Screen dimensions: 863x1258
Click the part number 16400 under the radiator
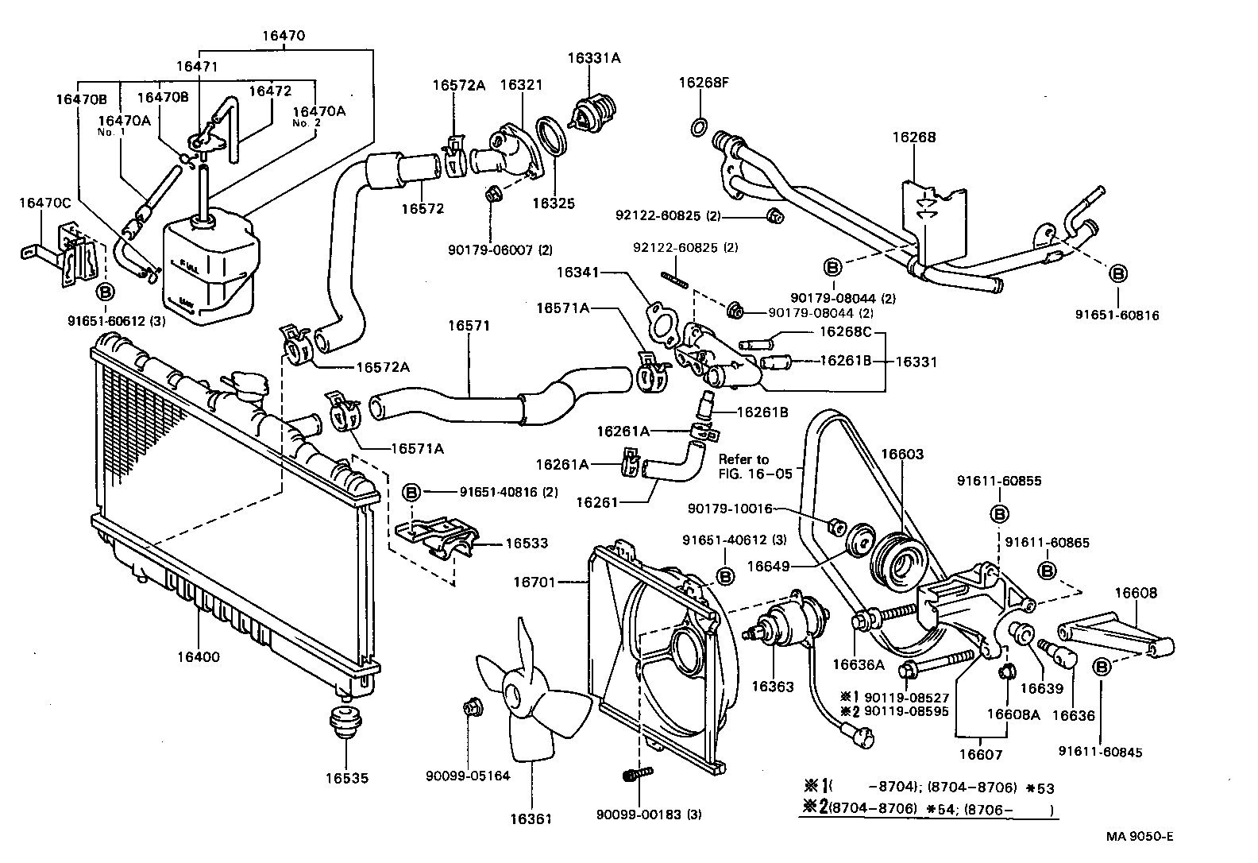(x=199, y=657)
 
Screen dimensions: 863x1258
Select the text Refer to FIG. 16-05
(x=744, y=466)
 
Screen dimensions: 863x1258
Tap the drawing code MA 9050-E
(x=1141, y=837)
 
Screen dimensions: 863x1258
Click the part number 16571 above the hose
(x=469, y=326)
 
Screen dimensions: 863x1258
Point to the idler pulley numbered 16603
(x=898, y=560)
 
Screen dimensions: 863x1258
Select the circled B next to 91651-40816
(x=412, y=492)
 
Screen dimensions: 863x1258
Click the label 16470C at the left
(x=45, y=203)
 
